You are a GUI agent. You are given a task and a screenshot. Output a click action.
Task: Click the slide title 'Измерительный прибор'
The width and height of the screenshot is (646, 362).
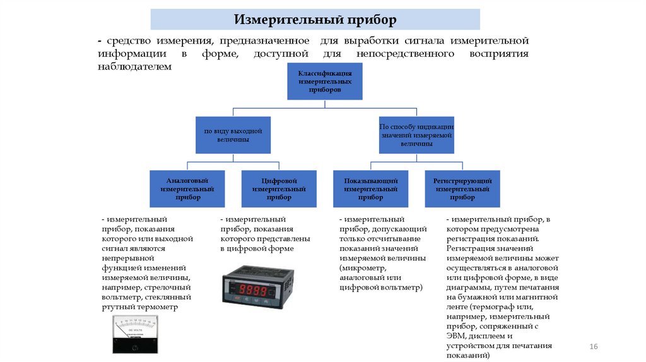(x=315, y=20)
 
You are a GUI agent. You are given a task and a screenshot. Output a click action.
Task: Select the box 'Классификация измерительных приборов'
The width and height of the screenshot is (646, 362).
(x=325, y=82)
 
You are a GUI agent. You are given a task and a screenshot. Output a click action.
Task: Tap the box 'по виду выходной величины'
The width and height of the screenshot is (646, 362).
(x=233, y=135)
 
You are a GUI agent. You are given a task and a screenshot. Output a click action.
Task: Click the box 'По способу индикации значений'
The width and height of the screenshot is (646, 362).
(x=416, y=135)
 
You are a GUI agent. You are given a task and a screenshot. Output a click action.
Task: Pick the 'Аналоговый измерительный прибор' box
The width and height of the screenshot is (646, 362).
(x=187, y=189)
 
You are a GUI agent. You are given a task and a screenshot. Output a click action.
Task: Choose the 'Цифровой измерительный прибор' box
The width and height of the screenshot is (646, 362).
(x=279, y=189)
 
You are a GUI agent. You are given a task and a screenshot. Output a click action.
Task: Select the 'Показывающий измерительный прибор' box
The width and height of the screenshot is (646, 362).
(x=371, y=189)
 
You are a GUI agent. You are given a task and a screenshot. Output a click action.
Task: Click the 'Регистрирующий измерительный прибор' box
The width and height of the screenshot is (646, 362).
(x=462, y=189)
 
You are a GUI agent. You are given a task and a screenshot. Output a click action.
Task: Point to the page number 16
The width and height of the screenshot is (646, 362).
(x=592, y=347)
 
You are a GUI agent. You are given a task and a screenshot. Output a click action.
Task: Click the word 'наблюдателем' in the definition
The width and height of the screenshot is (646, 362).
(x=134, y=66)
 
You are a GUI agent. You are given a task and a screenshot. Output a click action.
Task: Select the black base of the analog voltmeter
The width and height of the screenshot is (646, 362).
(x=134, y=345)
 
